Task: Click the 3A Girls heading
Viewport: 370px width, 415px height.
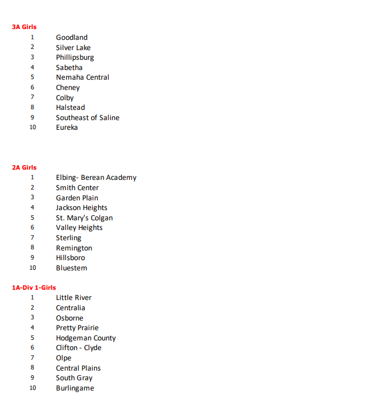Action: tap(24, 27)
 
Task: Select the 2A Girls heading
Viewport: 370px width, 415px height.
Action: tap(24, 167)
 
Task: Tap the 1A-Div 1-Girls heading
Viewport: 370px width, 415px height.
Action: tap(34, 287)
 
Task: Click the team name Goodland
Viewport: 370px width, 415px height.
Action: tap(72, 38)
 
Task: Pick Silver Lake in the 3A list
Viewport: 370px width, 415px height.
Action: tap(73, 48)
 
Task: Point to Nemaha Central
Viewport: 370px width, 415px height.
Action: tap(83, 77)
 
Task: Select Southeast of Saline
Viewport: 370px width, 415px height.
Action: tap(88, 118)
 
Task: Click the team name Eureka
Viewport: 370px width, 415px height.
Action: tap(67, 128)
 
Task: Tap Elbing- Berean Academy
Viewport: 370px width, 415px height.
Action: tap(96, 178)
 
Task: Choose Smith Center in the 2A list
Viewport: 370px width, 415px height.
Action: tap(77, 188)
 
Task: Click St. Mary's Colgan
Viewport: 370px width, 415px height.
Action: tap(84, 218)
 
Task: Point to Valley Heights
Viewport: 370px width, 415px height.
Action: tap(79, 228)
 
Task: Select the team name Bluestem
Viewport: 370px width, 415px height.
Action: tap(72, 268)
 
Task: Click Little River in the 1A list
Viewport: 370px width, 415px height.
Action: tap(73, 298)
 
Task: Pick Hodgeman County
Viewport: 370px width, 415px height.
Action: tap(86, 338)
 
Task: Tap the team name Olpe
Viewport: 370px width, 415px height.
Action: tap(64, 358)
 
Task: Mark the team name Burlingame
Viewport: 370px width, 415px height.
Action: tap(75, 388)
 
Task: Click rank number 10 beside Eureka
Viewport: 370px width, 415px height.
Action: tap(32, 128)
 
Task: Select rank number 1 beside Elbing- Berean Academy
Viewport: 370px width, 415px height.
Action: tap(32, 178)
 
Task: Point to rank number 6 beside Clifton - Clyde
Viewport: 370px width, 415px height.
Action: tap(32, 348)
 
